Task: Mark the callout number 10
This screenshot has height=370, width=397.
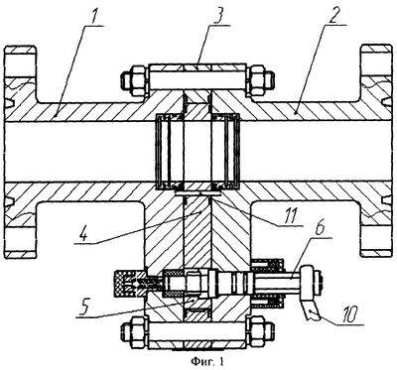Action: [351, 315]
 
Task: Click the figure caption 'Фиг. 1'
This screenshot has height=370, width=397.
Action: [207, 361]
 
